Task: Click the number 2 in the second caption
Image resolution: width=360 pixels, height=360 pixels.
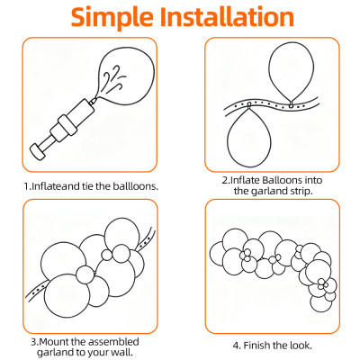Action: (x=224, y=179)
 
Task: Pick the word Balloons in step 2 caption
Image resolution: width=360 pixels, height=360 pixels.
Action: (x=278, y=179)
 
